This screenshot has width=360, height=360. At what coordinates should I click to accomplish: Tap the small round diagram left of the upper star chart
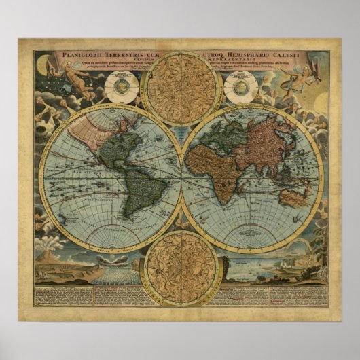(x=122, y=88)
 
